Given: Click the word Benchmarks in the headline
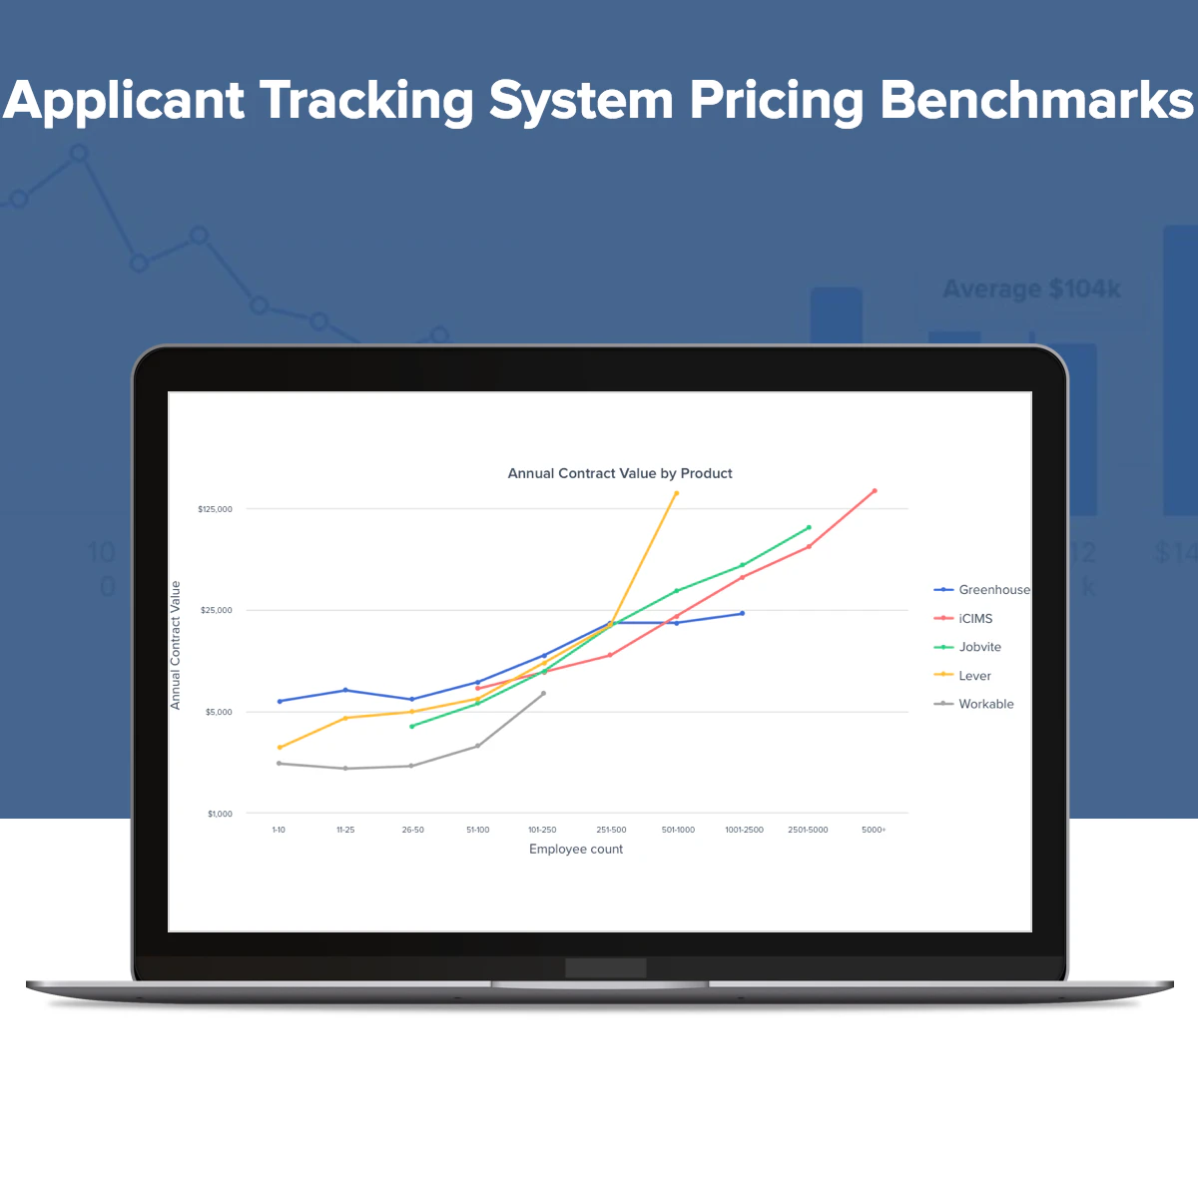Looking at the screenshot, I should [x=1036, y=101].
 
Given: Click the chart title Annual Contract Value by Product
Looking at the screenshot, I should [x=620, y=473].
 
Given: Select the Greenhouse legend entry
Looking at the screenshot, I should [x=993, y=590].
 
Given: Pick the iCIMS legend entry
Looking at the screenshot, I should [x=975, y=619].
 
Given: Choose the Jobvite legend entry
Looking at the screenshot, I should [x=979, y=647].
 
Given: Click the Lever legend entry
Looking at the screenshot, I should [x=974, y=676].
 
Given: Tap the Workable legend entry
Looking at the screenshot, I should [x=985, y=704].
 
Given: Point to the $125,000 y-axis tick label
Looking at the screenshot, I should [x=215, y=509].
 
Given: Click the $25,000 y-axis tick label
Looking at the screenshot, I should [x=217, y=610].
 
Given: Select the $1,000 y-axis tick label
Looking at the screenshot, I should [x=220, y=814].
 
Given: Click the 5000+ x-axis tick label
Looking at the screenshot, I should [x=874, y=830].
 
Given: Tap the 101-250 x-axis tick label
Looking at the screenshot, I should [x=542, y=830].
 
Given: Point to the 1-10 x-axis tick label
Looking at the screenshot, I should [x=279, y=830].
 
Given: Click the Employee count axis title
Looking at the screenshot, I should [x=576, y=850].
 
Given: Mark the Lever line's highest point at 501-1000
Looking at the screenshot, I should [x=677, y=493].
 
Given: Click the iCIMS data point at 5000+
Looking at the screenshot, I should [x=875, y=491].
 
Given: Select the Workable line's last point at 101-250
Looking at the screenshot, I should [x=543, y=693].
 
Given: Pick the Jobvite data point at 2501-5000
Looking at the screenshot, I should [x=809, y=527].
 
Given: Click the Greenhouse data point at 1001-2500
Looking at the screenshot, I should [x=742, y=613].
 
